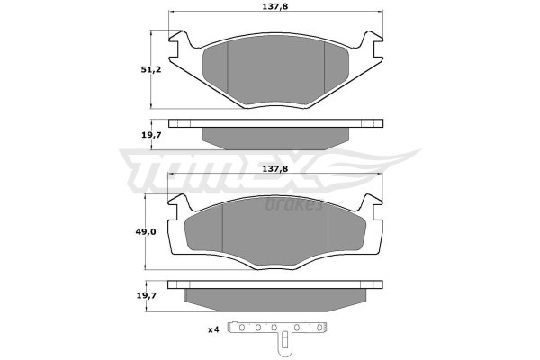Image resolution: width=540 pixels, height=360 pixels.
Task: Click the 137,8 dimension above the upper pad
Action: (x=275, y=6)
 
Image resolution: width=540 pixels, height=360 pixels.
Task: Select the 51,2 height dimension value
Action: (x=151, y=69)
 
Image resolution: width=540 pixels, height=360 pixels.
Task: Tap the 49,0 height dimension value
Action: (x=146, y=232)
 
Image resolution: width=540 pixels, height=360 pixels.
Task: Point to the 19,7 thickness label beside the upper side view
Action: (x=151, y=135)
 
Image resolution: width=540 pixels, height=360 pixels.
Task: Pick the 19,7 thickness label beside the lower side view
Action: (x=146, y=295)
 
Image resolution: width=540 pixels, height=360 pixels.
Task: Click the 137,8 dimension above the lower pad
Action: (x=275, y=169)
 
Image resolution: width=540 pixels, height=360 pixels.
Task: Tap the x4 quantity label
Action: (x=213, y=329)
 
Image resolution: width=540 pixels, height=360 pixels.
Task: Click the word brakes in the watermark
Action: (x=293, y=205)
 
